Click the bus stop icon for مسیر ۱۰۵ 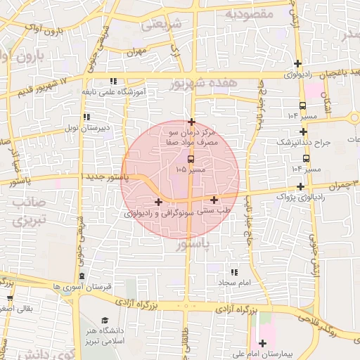tap(182, 159)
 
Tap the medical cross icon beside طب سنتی tap(214, 200)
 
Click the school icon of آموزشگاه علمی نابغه tap(113, 81)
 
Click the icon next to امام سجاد tap(234, 271)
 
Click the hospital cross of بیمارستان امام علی tap(263, 344)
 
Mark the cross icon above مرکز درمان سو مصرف tap(191, 122)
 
